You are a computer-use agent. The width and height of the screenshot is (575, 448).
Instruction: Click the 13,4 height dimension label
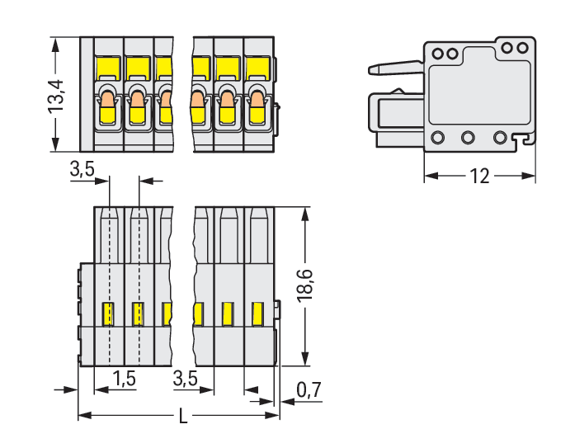57,93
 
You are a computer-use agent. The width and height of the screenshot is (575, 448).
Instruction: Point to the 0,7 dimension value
309,390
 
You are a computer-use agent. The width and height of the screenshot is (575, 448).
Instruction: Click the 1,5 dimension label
123,379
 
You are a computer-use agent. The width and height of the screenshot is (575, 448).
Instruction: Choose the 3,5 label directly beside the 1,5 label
186,379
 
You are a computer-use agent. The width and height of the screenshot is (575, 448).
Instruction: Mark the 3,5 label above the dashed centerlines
82,170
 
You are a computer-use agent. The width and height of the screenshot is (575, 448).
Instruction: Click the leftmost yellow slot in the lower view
108,314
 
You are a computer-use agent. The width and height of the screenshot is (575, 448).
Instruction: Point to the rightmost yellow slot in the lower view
257,314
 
